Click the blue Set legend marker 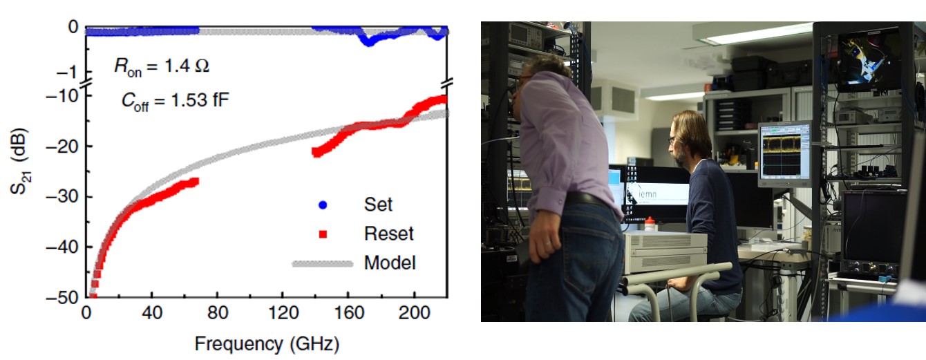322,205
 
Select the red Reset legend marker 322,234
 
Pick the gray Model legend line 322,263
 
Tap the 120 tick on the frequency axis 282,312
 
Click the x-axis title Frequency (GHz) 267,343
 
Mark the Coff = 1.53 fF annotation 171,100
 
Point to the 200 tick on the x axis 415,312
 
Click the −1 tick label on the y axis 68,72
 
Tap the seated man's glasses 672,140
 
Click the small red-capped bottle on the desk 649,224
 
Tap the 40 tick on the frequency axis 151,312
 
